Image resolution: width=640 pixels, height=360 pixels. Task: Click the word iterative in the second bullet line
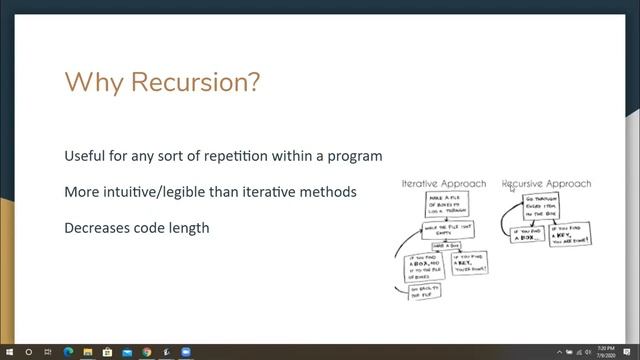[284, 191]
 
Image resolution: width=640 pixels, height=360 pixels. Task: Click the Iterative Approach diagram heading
[443, 184]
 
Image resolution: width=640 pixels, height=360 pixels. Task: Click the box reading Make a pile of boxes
[448, 207]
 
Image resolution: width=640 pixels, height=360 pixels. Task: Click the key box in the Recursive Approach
[571, 238]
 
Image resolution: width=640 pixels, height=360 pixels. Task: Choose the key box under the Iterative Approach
[470, 265]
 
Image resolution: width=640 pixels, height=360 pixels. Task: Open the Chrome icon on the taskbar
[146, 352]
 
